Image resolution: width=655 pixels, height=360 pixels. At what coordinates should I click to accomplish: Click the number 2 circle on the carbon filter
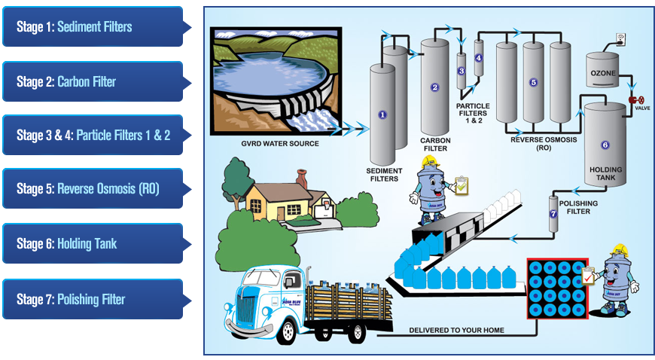(434, 87)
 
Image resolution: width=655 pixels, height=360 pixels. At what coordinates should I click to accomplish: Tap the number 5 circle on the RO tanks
(533, 82)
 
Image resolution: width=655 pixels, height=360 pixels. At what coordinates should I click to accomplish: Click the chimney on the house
(302, 178)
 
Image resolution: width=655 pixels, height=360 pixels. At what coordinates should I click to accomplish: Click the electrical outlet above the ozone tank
(620, 36)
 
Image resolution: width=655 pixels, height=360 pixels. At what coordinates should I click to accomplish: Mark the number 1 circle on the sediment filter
(382, 114)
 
